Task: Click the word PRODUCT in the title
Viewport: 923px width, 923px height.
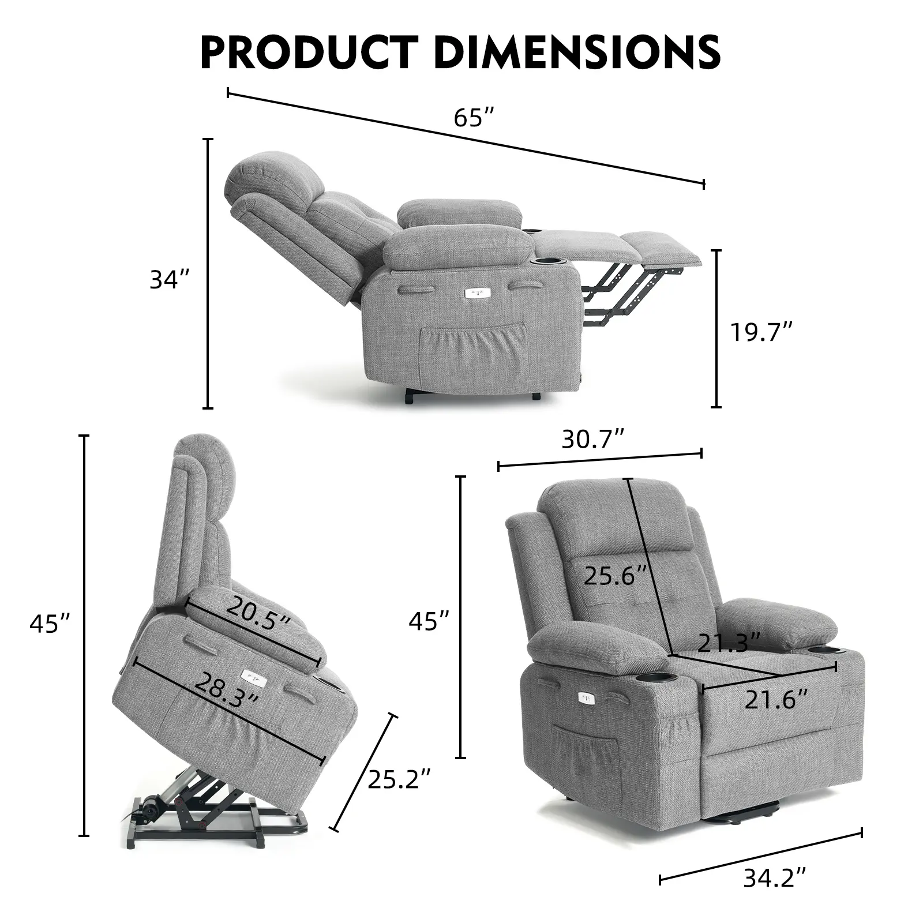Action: (x=309, y=51)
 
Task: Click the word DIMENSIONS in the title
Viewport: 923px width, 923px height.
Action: (x=576, y=51)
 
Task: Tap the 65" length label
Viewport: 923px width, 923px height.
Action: (x=474, y=118)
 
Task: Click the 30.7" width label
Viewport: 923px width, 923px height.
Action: (x=593, y=440)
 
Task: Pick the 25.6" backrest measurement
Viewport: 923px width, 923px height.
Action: (x=616, y=575)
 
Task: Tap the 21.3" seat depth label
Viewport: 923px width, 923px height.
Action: (x=729, y=641)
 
